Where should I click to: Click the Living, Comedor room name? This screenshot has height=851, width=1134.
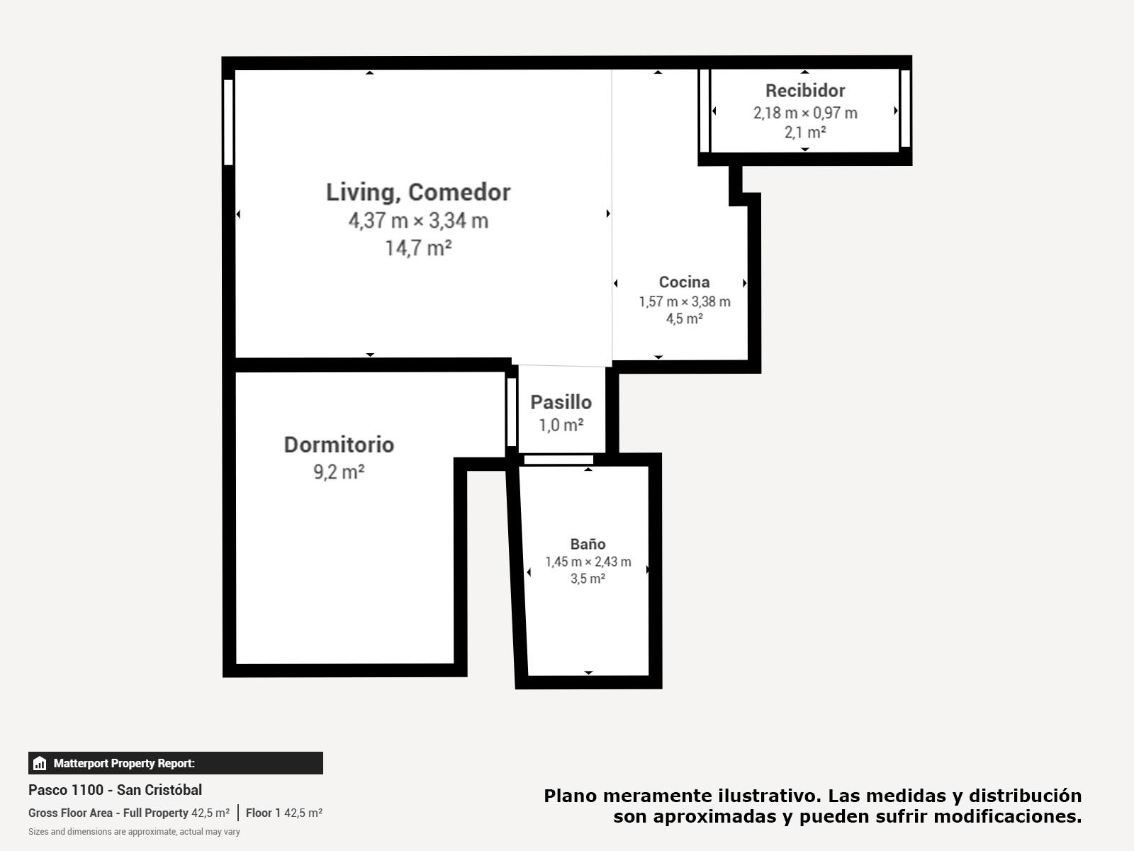(x=418, y=193)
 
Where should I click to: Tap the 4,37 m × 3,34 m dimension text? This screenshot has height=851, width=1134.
(x=418, y=221)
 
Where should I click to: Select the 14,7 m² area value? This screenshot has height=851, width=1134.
(x=418, y=248)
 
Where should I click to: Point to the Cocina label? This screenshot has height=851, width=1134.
(x=684, y=282)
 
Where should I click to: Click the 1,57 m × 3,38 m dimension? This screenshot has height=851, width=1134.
(x=685, y=302)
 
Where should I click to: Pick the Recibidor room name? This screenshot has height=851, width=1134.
(x=805, y=91)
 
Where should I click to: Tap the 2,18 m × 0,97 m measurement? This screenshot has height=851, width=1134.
(x=805, y=113)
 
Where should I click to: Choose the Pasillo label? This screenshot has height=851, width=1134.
(x=561, y=402)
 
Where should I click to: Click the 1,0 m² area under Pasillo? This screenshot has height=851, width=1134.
(x=561, y=425)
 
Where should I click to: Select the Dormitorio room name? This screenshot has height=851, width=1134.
(x=339, y=445)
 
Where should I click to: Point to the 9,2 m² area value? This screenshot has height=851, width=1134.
(x=339, y=472)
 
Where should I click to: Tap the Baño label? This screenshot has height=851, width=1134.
(x=588, y=543)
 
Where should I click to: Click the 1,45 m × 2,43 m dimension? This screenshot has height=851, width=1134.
(x=588, y=562)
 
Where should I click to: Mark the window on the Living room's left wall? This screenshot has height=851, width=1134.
(x=228, y=123)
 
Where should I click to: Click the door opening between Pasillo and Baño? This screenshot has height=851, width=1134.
(x=558, y=460)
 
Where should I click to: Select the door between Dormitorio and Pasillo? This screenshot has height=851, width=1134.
(x=512, y=412)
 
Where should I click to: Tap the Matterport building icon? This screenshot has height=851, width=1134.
(x=40, y=763)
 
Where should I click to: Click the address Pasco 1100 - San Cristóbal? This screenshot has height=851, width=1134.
(x=116, y=790)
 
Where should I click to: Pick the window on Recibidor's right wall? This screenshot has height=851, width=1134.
(x=905, y=109)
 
